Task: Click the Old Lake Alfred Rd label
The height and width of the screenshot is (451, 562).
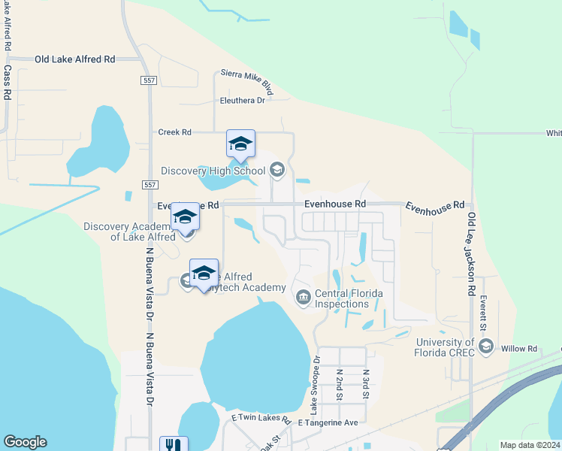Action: pyautogui.click(x=75, y=59)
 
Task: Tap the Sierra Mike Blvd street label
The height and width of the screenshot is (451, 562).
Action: pyautogui.click(x=246, y=80)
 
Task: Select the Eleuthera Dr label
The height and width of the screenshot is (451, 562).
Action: pyautogui.click(x=243, y=100)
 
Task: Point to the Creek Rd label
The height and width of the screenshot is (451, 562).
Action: pyautogui.click(x=175, y=132)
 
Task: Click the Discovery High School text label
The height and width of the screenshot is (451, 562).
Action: pyautogui.click(x=218, y=171)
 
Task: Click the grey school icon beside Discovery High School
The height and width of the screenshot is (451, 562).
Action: pyautogui.click(x=276, y=170)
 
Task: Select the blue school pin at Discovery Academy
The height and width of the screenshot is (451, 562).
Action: pyautogui.click(x=185, y=216)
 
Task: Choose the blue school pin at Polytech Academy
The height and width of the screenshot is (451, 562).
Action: pyautogui.click(x=204, y=273)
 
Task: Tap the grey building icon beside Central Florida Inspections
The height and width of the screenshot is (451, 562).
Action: pyautogui.click(x=303, y=298)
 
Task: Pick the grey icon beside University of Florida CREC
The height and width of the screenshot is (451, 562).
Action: pyautogui.click(x=485, y=347)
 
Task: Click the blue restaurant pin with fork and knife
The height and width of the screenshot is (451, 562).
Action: pyautogui.click(x=174, y=444)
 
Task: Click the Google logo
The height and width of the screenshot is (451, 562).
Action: pyautogui.click(x=25, y=442)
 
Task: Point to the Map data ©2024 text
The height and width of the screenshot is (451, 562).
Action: pyautogui.click(x=529, y=445)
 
